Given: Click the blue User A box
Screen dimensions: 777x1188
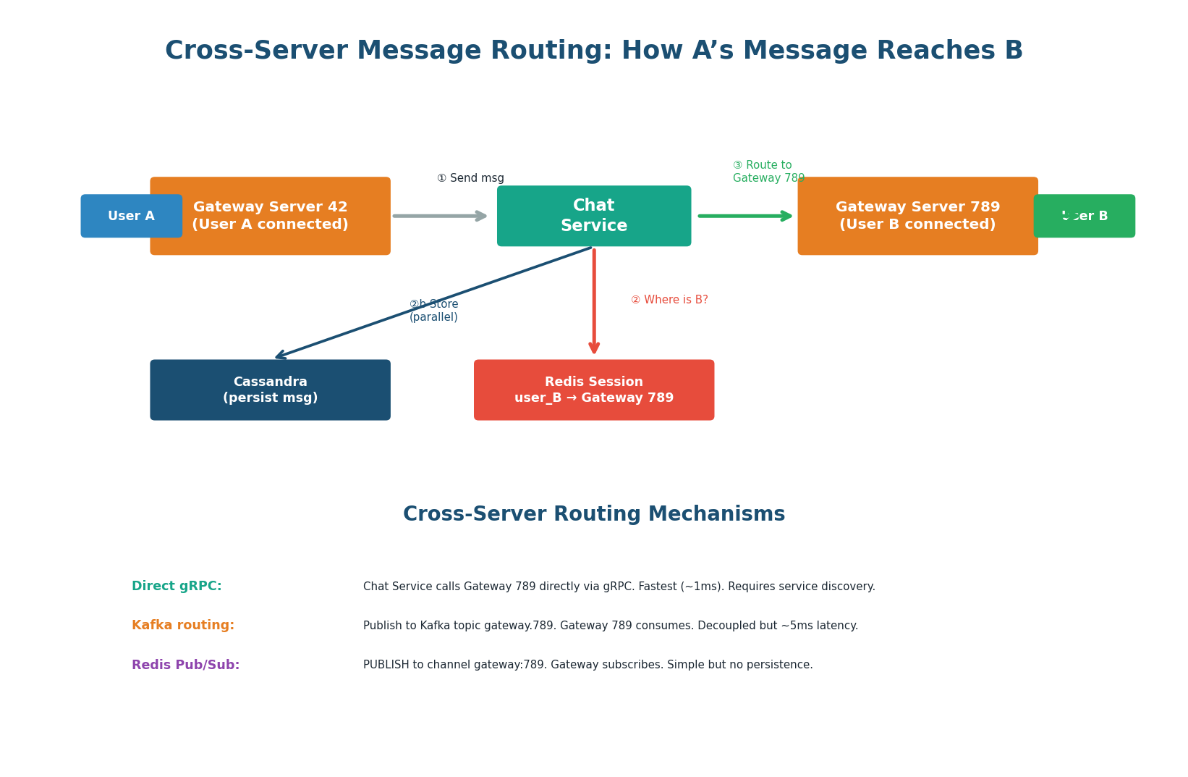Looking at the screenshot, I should click(131, 216).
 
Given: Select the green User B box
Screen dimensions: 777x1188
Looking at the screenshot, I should click(1084, 216).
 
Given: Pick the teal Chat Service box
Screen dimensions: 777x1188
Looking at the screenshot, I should click(593, 216).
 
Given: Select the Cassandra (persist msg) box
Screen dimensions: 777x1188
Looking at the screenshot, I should click(270, 390).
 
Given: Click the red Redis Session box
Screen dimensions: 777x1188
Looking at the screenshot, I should click(593, 390).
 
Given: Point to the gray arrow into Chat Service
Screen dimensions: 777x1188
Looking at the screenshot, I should click(439, 216).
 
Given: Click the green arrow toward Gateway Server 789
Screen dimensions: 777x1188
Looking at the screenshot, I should click(745, 216).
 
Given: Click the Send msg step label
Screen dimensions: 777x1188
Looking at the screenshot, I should click(470, 178).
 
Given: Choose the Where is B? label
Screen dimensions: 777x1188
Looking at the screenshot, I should click(669, 300).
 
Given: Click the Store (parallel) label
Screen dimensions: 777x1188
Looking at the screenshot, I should click(433, 311).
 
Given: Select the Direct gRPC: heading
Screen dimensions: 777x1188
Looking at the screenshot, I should click(177, 587).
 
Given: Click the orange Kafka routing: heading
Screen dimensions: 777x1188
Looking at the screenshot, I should click(182, 626).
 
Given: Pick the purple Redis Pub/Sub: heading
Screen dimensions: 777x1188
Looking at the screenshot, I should click(185, 665).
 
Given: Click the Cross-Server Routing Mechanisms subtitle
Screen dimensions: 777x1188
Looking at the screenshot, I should click(593, 514).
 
